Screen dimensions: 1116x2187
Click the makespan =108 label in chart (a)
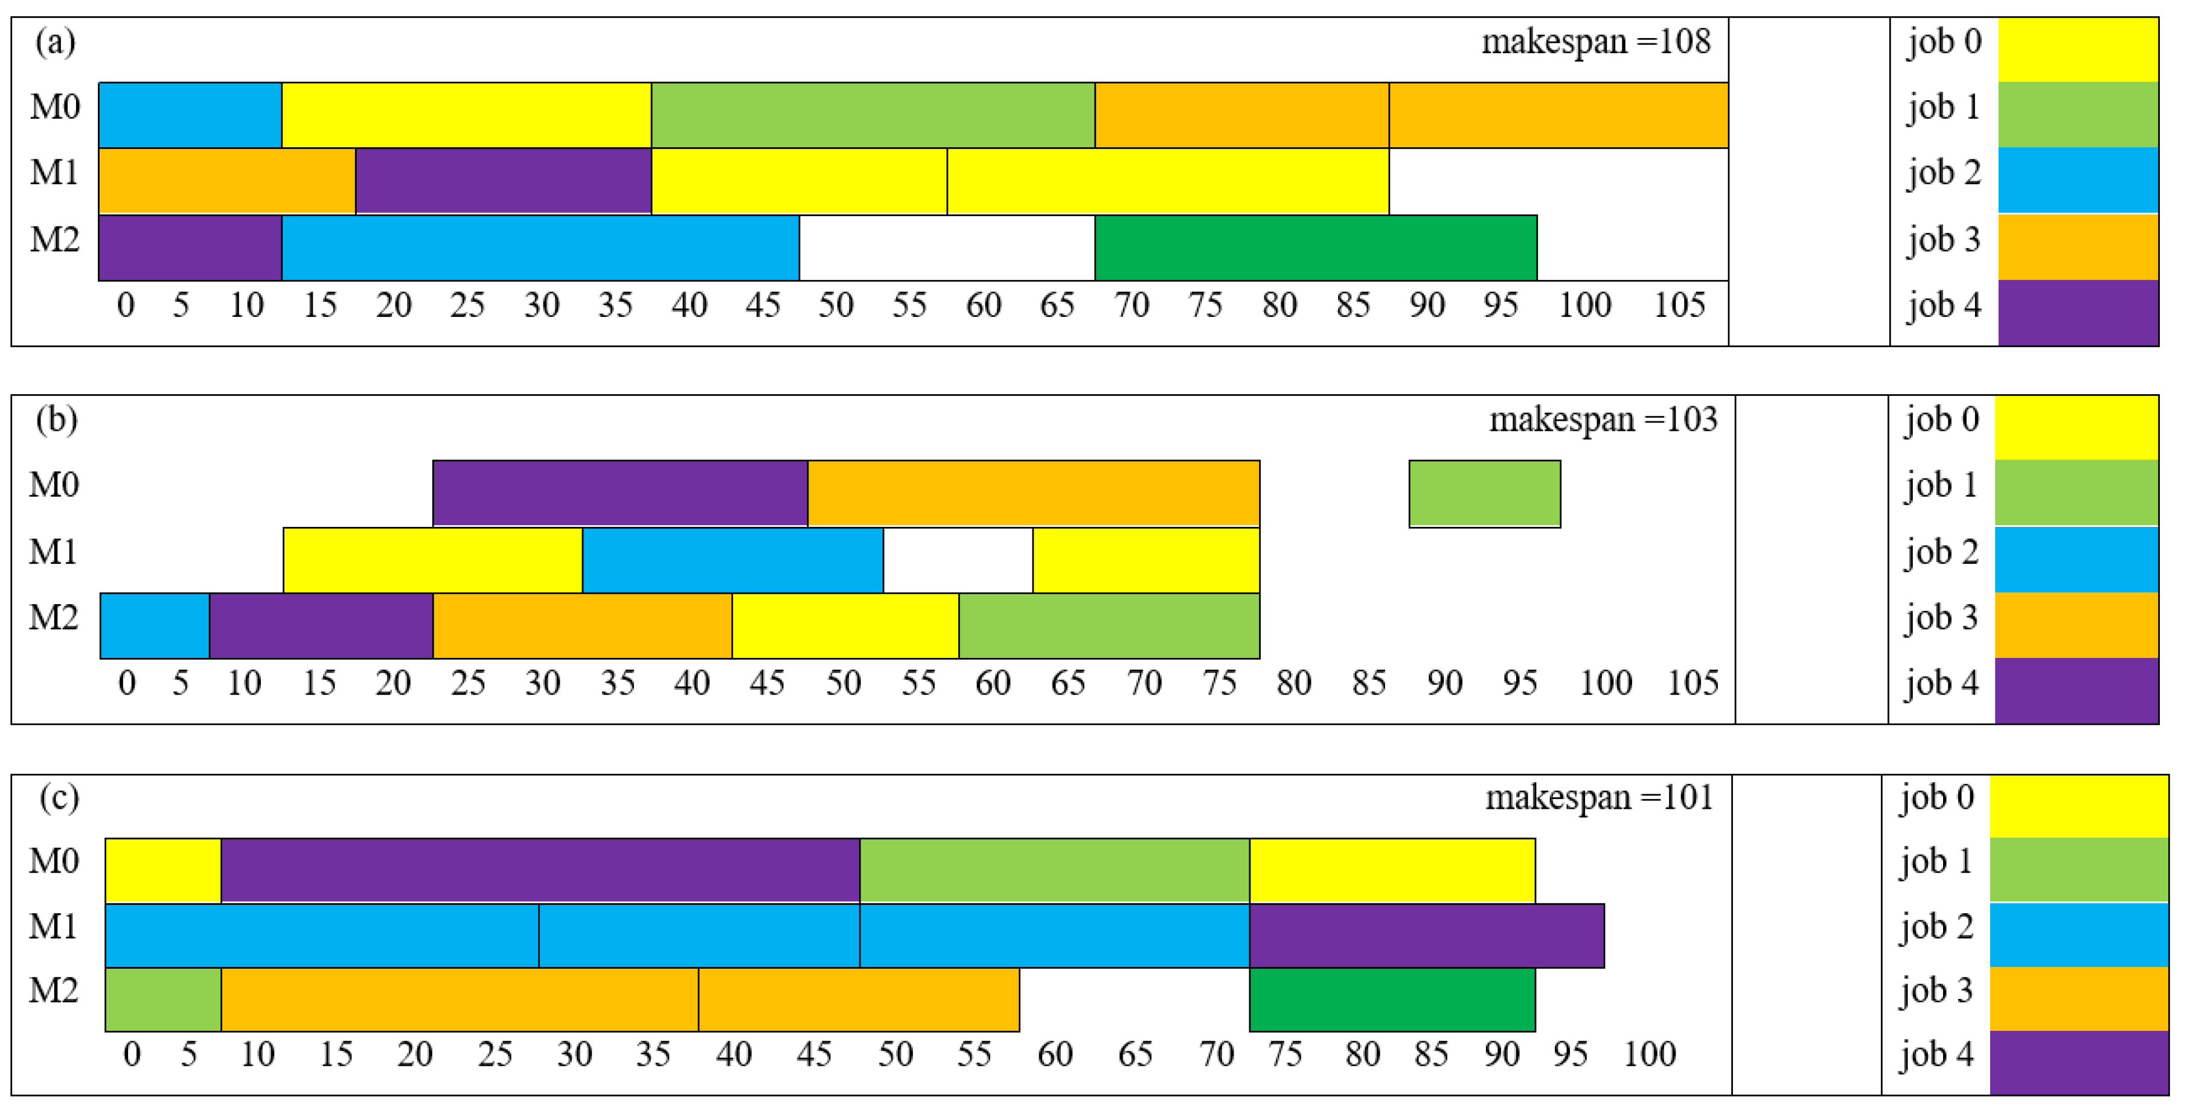[x=1595, y=42]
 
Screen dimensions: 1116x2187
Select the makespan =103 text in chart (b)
[x=1603, y=419]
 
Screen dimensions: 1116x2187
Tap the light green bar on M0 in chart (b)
[x=1484, y=493]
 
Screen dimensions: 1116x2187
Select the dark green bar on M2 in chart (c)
[x=1392, y=999]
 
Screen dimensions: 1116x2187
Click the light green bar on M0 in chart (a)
[x=872, y=115]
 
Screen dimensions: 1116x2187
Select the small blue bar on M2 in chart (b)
[x=155, y=625]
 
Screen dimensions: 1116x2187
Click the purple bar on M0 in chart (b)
[x=620, y=493]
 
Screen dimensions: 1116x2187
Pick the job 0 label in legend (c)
[x=1936, y=798]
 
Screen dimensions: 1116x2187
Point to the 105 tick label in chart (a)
[x=1679, y=305]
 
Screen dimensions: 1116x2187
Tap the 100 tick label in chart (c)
[x=1649, y=1053]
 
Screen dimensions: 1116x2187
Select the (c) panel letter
[x=59, y=798]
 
